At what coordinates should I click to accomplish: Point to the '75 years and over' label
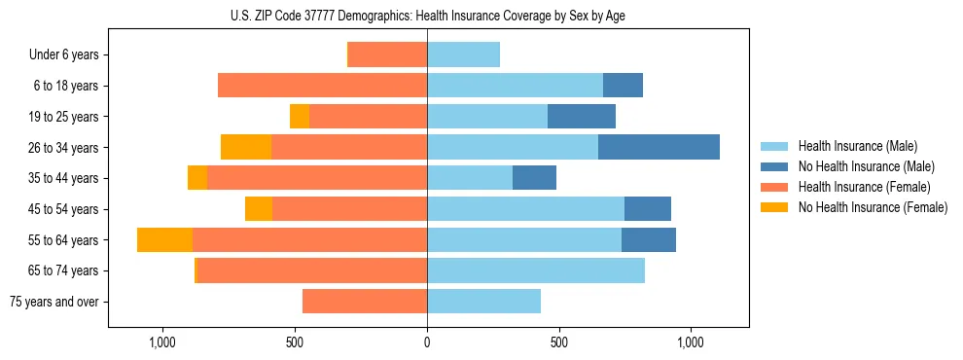tap(53, 302)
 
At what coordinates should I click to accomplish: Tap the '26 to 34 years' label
tap(64, 147)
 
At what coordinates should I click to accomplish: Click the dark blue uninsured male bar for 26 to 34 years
tap(659, 147)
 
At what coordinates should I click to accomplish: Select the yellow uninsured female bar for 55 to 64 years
tap(164, 239)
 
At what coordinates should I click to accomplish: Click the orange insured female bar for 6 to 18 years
tap(322, 86)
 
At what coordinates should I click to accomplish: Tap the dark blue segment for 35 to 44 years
tap(534, 178)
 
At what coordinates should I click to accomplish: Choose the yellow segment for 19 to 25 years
tap(300, 117)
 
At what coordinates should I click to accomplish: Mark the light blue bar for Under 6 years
tap(463, 54)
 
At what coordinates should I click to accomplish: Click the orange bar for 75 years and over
tap(365, 302)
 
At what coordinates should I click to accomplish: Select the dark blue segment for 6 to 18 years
tap(623, 86)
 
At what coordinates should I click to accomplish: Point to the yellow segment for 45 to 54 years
tap(259, 209)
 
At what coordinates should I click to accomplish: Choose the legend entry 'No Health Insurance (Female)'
tap(873, 207)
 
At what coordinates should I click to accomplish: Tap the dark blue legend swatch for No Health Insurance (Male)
tap(774, 166)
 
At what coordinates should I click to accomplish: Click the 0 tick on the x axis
tap(427, 342)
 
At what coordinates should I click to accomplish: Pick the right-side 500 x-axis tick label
tap(558, 342)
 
